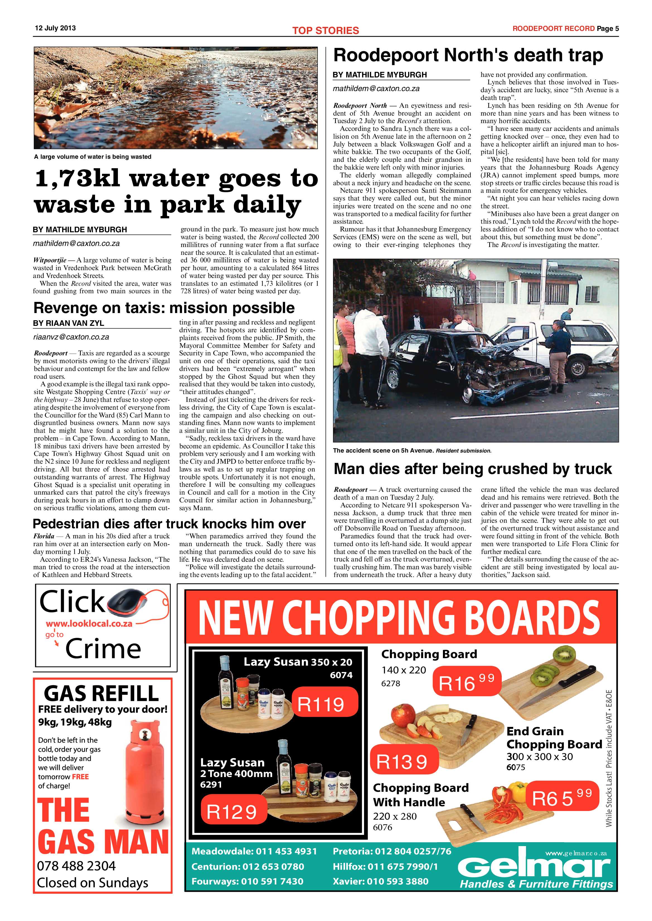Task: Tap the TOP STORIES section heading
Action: click(325, 30)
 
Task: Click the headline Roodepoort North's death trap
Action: click(468, 55)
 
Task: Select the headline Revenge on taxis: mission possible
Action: click(164, 308)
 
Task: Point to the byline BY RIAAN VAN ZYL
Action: click(69, 323)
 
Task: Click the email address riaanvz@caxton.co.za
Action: click(71, 337)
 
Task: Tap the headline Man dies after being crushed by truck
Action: click(472, 468)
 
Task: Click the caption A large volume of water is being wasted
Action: click(93, 157)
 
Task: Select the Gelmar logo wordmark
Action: click(534, 867)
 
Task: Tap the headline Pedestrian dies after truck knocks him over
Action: click(169, 524)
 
